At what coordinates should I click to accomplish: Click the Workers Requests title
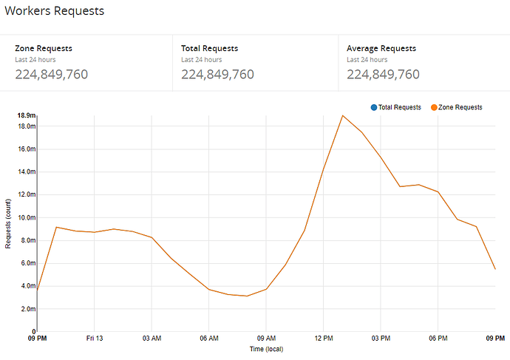click(55, 11)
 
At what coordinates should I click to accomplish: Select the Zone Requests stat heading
click(44, 49)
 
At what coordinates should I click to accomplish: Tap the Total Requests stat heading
click(211, 49)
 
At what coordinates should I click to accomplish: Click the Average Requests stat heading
click(381, 49)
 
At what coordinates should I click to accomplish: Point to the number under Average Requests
click(383, 74)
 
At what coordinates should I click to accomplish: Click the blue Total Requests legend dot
click(375, 107)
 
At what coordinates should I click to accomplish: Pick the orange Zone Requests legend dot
click(434, 107)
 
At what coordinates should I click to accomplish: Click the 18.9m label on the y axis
click(26, 115)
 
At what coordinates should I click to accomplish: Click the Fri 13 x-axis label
click(94, 339)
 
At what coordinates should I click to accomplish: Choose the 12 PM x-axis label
click(323, 339)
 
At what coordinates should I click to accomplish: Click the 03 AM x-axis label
click(152, 339)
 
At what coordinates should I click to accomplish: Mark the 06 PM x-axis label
click(438, 339)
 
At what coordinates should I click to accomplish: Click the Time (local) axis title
click(265, 349)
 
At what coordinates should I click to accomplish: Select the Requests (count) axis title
click(9, 223)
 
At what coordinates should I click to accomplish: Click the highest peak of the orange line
click(342, 115)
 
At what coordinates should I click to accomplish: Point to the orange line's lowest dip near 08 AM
click(247, 296)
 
